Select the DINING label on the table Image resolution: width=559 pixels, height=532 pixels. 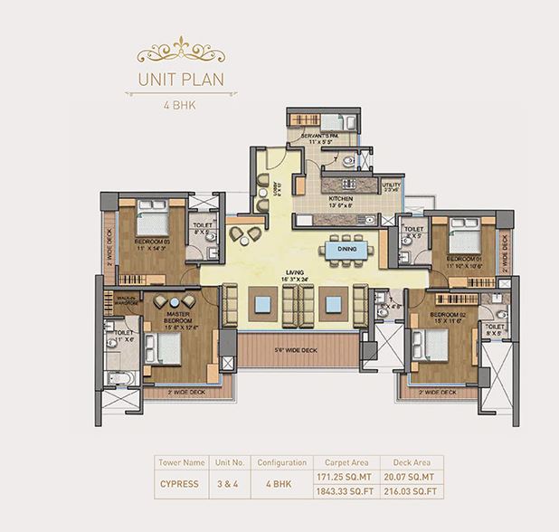(346, 249)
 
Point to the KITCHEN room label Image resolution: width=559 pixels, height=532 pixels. (340, 199)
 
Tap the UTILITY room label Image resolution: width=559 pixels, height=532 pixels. (391, 186)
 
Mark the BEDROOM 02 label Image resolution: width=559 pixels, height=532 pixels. (429, 319)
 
